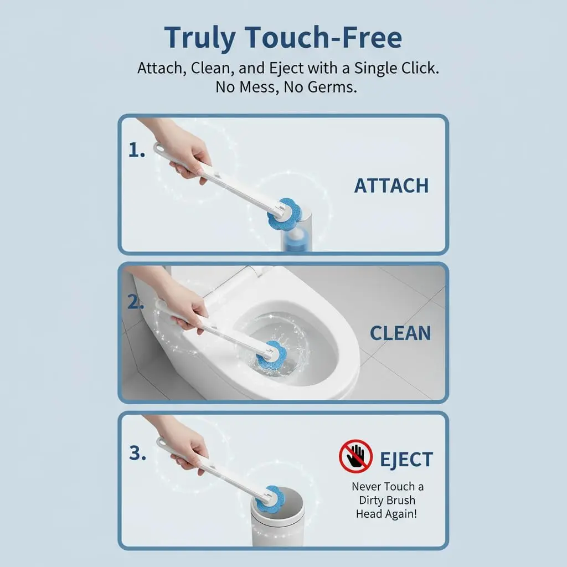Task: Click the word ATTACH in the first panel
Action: click(x=391, y=185)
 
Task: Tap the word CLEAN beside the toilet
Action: click(x=400, y=333)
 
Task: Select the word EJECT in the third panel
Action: click(x=406, y=460)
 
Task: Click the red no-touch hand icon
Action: click(x=356, y=456)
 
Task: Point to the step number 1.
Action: click(x=137, y=150)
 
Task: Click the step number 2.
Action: click(x=136, y=302)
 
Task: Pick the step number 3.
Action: click(x=137, y=453)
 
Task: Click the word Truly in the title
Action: click(x=200, y=38)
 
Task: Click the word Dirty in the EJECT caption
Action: click(x=374, y=501)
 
